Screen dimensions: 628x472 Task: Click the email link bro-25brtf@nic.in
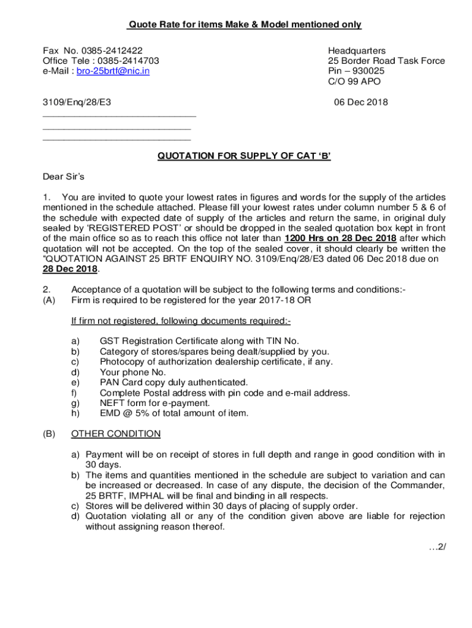(x=113, y=71)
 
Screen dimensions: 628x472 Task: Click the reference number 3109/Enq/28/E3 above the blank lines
(x=77, y=102)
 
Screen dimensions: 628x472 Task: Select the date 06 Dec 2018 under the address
(x=360, y=102)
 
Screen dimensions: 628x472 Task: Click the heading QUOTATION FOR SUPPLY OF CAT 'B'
(x=244, y=156)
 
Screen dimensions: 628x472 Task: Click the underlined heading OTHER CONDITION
(x=116, y=434)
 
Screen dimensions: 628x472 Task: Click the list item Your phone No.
(x=133, y=372)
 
